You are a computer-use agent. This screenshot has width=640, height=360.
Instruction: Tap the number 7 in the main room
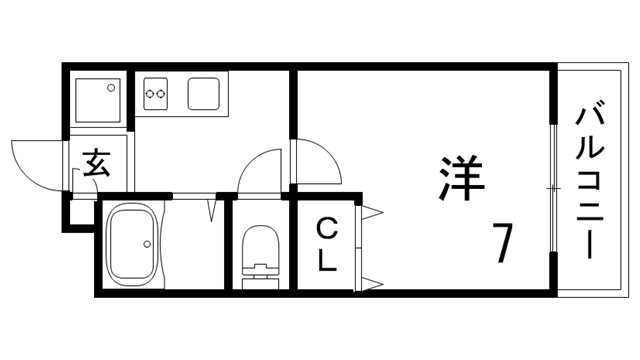[x=502, y=242]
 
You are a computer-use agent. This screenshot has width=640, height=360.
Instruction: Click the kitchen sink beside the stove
[x=207, y=95]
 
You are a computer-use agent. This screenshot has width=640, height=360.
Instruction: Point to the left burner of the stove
[x=150, y=96]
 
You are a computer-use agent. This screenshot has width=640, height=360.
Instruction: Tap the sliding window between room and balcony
[x=553, y=188]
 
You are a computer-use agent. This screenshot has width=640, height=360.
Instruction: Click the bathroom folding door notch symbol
[x=212, y=209]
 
